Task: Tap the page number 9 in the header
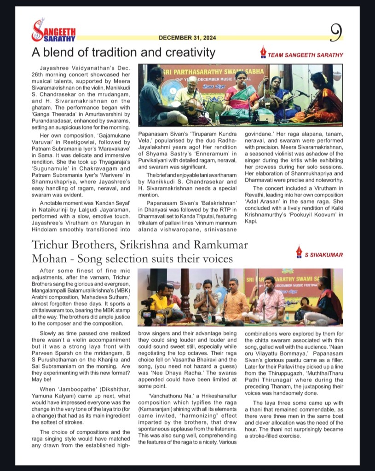click(337, 32)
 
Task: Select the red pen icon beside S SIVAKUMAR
click(300, 252)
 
